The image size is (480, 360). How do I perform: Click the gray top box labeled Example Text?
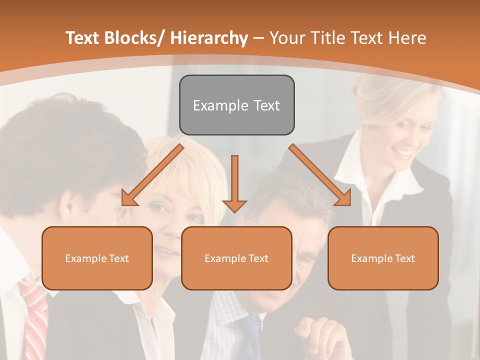[x=236, y=105]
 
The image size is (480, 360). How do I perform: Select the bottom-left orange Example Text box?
[x=97, y=258]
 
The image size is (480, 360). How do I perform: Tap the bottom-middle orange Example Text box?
[x=236, y=258]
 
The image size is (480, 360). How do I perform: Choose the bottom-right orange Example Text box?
[x=383, y=258]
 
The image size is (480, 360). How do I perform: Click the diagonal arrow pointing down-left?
[x=153, y=175]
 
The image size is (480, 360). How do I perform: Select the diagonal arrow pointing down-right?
[x=320, y=175]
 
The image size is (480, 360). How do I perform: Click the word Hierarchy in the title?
[x=209, y=38]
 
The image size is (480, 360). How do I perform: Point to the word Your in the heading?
[x=286, y=38]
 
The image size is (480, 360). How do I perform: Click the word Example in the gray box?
[x=213, y=105]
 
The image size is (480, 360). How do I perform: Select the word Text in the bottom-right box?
[x=405, y=258]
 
